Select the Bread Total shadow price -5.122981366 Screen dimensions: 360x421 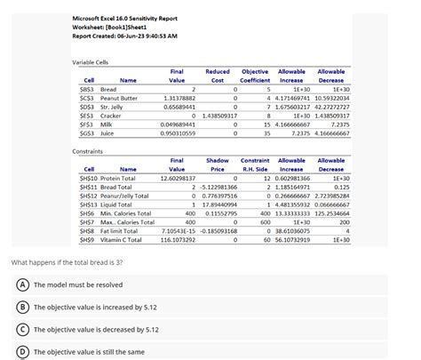(217, 188)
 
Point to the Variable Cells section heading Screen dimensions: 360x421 (90, 61)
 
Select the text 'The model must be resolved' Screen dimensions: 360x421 (77, 284)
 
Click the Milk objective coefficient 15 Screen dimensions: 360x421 (266, 124)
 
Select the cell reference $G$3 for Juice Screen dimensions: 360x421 (87, 133)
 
